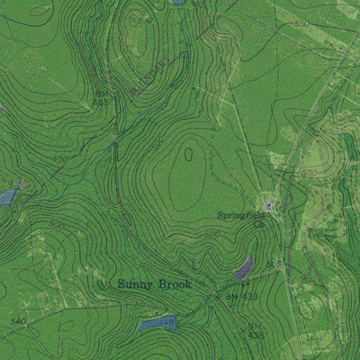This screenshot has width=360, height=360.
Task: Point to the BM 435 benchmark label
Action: [x=255, y=330]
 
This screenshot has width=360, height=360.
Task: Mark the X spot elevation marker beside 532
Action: [x=133, y=17]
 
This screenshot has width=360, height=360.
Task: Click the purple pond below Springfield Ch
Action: [x=244, y=267]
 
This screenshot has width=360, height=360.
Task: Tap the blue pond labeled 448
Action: [x=157, y=322]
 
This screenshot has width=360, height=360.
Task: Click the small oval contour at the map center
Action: [x=188, y=154]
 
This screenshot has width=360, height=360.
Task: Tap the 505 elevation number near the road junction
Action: [x=274, y=264]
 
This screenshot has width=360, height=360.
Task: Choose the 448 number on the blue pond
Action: [x=166, y=319]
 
